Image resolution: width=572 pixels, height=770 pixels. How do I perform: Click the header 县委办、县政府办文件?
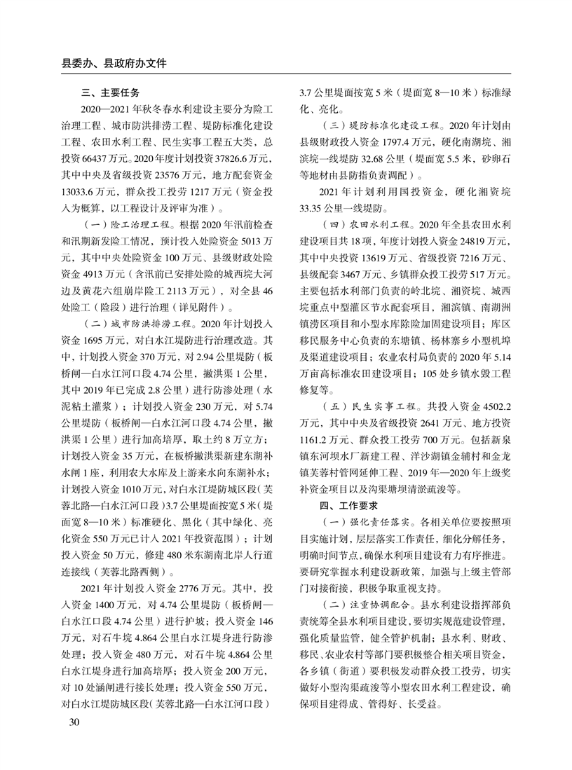tap(114, 62)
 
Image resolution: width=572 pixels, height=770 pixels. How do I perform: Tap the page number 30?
tap(69, 722)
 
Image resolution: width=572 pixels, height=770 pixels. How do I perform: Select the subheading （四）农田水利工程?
tap(365, 225)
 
